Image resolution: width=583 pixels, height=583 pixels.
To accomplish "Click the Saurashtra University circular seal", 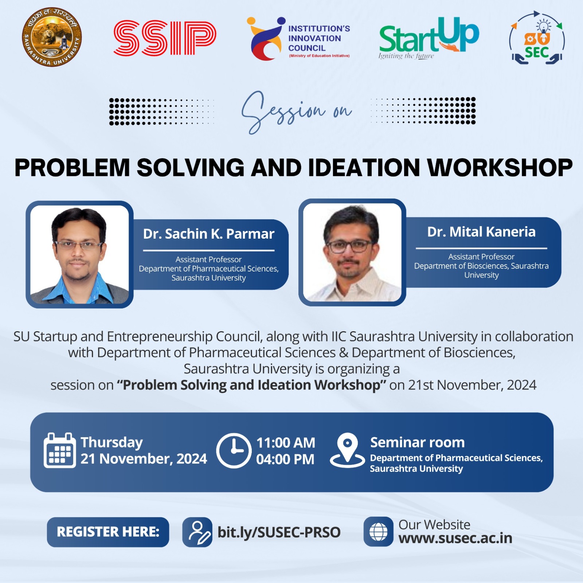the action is click(52, 37).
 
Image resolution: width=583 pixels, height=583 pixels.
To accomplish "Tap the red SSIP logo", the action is click(165, 38).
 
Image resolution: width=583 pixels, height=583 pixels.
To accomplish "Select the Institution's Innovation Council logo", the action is click(298, 39).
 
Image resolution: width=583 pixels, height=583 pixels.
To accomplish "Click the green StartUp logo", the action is click(429, 38).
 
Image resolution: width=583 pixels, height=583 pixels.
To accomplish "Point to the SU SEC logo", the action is click(537, 38).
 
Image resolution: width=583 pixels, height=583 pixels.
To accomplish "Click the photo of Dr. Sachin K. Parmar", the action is click(79, 254).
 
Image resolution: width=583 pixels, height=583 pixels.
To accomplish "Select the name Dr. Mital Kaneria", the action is click(481, 232).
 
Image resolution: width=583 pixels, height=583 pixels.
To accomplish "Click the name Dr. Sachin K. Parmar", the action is click(208, 234).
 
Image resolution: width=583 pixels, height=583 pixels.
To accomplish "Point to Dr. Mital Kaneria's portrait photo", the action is click(352, 252).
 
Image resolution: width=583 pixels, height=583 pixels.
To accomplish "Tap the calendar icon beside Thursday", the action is click(60, 450).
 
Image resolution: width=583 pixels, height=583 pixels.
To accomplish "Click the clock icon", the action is click(234, 451).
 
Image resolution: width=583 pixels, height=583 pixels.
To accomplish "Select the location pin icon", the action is click(347, 450).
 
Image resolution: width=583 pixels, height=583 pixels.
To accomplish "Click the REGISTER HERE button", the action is click(108, 532).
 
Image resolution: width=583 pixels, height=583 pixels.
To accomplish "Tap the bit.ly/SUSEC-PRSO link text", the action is click(279, 532).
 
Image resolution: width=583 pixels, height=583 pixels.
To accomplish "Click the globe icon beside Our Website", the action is click(379, 532).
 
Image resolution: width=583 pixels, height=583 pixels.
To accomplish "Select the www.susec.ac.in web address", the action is click(455, 538).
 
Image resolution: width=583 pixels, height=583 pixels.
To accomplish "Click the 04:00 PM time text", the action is click(285, 459).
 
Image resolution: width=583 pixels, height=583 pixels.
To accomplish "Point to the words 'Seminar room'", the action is click(418, 442).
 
